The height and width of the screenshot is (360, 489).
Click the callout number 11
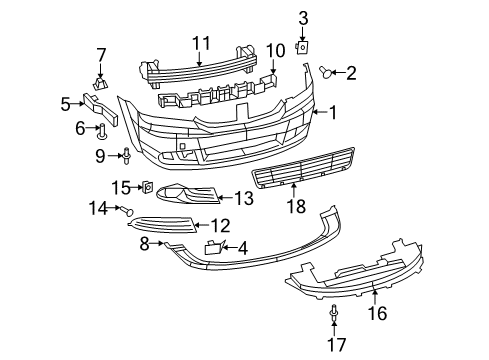pyautogui.click(x=200, y=42)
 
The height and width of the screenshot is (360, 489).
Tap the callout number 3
pyautogui.click(x=303, y=16)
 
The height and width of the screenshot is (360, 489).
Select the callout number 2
pyautogui.click(x=349, y=71)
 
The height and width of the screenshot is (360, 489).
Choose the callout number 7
pyautogui.click(x=100, y=53)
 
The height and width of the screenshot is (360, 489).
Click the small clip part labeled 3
pyautogui.click(x=303, y=46)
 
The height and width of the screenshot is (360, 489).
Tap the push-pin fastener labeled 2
pyautogui.click(x=327, y=70)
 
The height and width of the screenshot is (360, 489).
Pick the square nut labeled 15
pyautogui.click(x=145, y=187)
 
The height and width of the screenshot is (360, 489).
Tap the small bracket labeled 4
pyautogui.click(x=213, y=247)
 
